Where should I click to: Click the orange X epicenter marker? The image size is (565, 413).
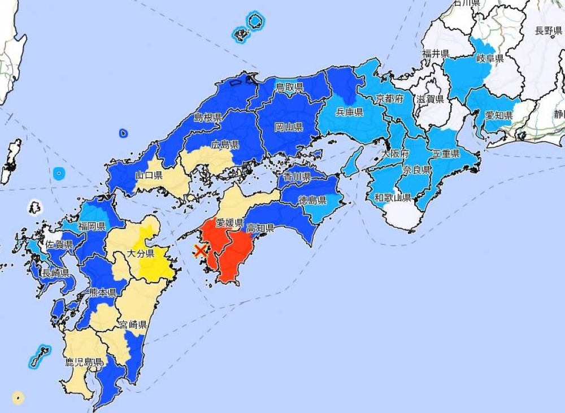point(200,250)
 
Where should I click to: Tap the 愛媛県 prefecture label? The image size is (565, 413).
point(230,223)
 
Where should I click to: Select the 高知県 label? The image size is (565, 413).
point(260,228)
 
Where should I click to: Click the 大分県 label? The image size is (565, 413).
point(141,254)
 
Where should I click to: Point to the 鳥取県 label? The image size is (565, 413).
point(289,87)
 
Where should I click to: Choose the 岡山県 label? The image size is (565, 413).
point(289,127)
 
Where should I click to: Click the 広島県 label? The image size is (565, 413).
point(224,145)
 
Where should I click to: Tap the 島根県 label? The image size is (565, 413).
point(207,118)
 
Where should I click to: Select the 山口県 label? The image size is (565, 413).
point(149,175)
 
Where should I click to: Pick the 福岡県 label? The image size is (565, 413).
point(92,227)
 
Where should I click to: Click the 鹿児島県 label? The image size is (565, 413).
point(84,362)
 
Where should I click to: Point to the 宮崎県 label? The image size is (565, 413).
point(133,324)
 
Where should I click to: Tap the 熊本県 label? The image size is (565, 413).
point(103,292)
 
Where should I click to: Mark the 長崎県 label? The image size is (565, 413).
point(55,273)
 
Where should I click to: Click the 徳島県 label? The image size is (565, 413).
point(313,200)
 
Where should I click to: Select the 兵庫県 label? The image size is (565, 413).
point(349,112)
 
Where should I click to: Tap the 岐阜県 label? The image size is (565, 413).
point(489,58)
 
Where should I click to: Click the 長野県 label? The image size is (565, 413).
point(549,31)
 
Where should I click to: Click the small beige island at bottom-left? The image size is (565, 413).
point(18,398)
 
